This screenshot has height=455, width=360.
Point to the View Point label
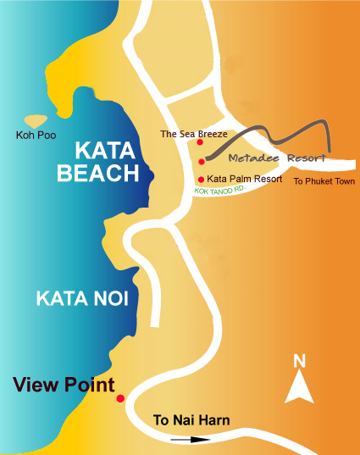64,385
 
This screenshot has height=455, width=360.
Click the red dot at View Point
120,398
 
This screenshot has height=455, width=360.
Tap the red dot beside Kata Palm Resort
201,180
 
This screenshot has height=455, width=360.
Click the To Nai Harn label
191,419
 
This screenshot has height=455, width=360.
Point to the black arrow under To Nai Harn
190,440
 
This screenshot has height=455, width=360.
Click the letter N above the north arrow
299,361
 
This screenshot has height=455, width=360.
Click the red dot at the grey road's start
202,161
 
